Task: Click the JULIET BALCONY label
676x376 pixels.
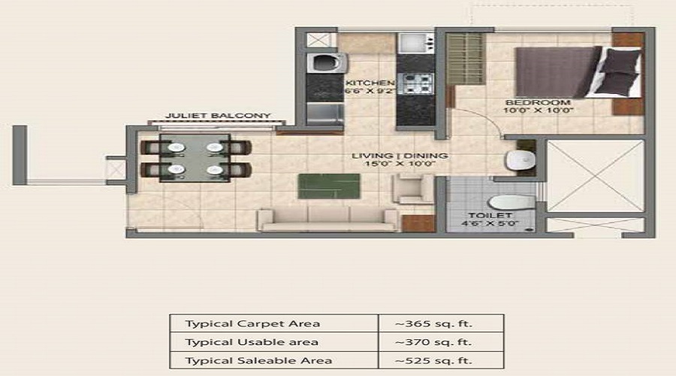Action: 218,116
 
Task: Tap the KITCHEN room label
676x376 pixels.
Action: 370,83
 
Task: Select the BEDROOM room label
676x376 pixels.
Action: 538,102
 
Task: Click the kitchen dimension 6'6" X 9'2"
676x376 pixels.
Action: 370,91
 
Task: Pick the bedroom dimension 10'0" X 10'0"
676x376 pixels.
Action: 538,111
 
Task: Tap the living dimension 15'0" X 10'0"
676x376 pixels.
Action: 400,164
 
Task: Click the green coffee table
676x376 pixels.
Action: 329,186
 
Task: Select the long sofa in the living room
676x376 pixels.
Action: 328,220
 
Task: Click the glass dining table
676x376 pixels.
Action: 195,158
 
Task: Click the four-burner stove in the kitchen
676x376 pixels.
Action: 415,83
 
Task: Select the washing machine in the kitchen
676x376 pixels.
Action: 327,63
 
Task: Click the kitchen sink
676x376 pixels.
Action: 415,43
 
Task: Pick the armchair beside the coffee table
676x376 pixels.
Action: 412,189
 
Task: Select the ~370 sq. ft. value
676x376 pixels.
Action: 433,342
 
